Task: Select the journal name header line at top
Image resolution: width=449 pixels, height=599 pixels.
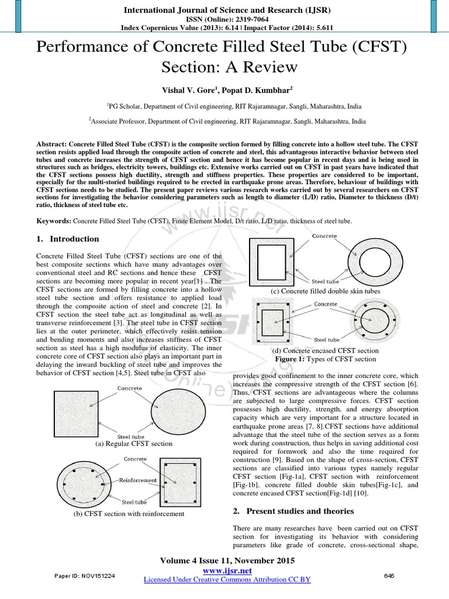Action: [224, 9]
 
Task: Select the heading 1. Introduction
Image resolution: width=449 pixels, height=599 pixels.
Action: [68, 239]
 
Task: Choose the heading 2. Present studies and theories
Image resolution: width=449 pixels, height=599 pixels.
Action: [293, 511]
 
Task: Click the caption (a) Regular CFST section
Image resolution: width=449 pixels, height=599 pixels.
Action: [134, 443]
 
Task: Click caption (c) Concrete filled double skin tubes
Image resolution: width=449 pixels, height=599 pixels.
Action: [325, 291]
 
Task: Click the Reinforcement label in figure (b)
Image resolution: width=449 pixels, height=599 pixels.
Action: [138, 480]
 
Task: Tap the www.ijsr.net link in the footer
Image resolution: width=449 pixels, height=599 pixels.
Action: [227, 570]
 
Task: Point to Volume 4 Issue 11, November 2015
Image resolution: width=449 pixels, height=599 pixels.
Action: [227, 560]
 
